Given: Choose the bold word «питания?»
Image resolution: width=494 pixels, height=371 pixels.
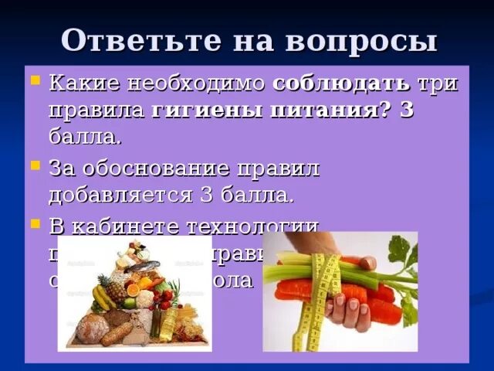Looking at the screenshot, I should click(324, 110).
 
